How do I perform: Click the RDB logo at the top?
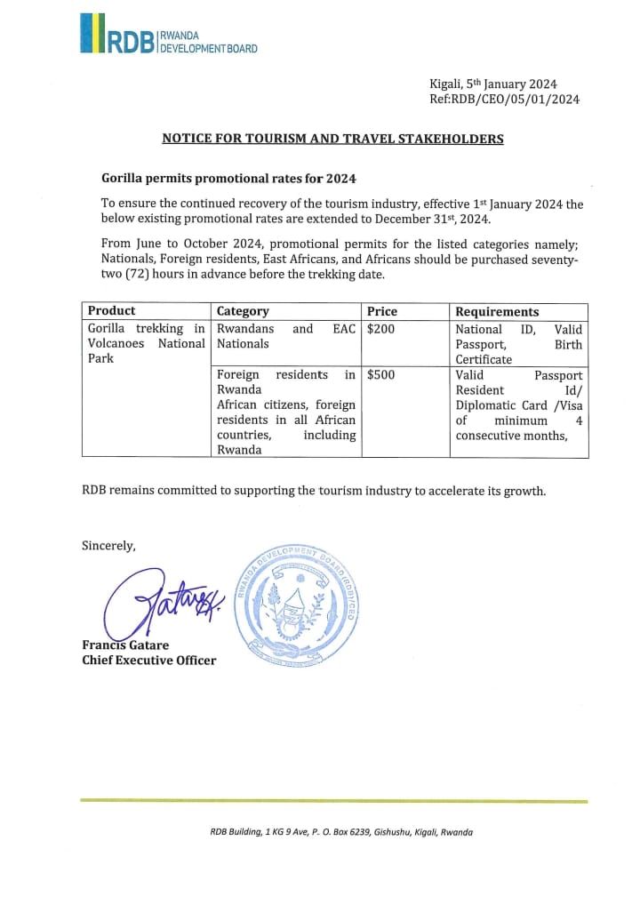coord(168,35)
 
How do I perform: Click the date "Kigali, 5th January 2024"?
coord(505,83)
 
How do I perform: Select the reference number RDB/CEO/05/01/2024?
coord(504,99)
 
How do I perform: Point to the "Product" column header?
coord(111,311)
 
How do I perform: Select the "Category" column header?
coord(243,311)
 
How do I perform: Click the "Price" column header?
coord(382,311)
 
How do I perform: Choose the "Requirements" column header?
coord(497,311)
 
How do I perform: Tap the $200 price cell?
coord(380,329)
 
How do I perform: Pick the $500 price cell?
coord(380,375)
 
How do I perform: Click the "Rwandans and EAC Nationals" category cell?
coord(285,336)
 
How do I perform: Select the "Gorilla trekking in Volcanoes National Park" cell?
coord(146,344)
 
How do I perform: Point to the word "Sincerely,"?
coord(108,546)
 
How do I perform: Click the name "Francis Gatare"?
coord(125,645)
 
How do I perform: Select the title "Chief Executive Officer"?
coord(148,660)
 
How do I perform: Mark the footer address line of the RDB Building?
coord(341,832)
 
